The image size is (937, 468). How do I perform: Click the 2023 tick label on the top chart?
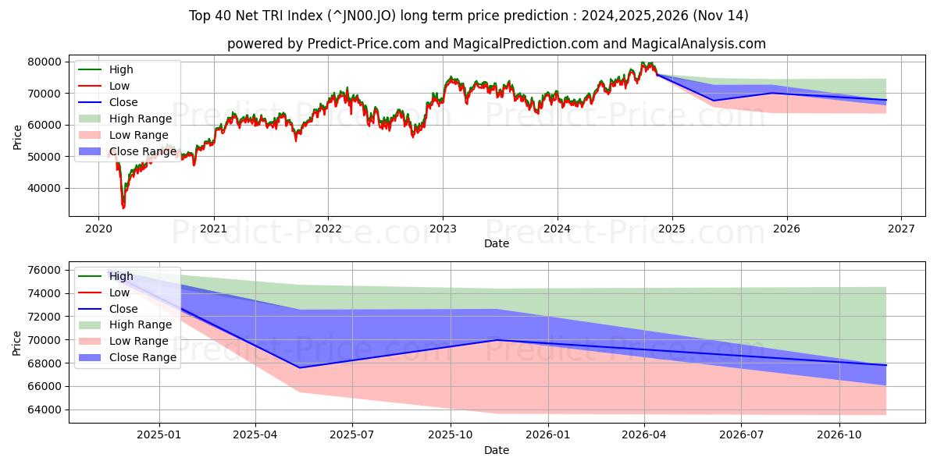443,229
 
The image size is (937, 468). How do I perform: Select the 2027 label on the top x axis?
901,229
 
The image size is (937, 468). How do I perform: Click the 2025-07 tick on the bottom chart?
352,434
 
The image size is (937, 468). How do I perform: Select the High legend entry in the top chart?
121,69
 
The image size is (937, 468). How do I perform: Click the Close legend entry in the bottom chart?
123,309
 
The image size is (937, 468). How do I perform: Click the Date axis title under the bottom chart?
496,450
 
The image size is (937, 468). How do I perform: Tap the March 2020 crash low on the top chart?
123,207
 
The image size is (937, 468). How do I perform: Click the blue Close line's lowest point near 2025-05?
299,367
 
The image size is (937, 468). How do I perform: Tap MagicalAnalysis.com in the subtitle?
701,44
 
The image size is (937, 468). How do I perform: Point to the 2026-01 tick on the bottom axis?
548,434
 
